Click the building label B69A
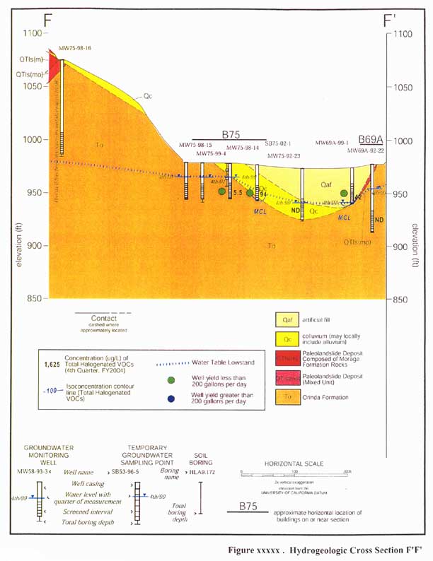[370, 140]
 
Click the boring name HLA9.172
[206, 468]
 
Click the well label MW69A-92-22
[365, 151]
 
